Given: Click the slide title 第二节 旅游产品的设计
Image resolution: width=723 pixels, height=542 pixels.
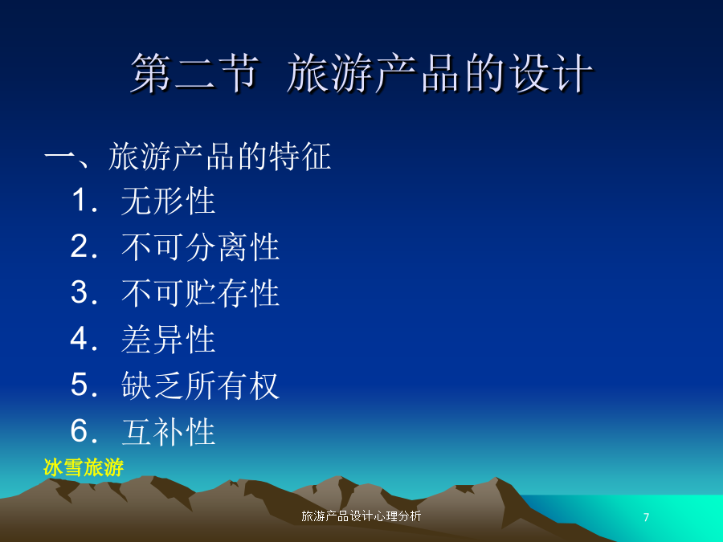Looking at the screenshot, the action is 362,73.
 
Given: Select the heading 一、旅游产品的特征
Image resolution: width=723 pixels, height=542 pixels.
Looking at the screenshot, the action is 188,157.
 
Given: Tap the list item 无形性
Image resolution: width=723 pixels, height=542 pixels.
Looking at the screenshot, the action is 169,201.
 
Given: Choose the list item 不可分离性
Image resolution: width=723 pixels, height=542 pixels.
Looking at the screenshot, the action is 201,247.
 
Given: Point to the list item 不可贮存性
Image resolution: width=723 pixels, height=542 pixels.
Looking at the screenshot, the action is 201,293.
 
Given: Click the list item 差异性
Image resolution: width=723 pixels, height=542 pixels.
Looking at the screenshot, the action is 169,339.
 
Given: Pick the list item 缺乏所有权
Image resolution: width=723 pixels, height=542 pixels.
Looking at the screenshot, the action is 201,385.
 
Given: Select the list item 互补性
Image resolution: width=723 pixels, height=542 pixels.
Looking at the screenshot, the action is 169,431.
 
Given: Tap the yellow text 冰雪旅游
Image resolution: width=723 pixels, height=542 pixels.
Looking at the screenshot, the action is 84,467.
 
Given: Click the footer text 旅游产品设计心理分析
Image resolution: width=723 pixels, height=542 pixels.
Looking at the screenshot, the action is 361,516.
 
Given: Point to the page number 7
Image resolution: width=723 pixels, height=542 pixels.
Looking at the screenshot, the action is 647,517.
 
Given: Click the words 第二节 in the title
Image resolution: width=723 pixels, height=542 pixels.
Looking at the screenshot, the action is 194,73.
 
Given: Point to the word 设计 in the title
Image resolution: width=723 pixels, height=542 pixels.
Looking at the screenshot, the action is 550,73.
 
